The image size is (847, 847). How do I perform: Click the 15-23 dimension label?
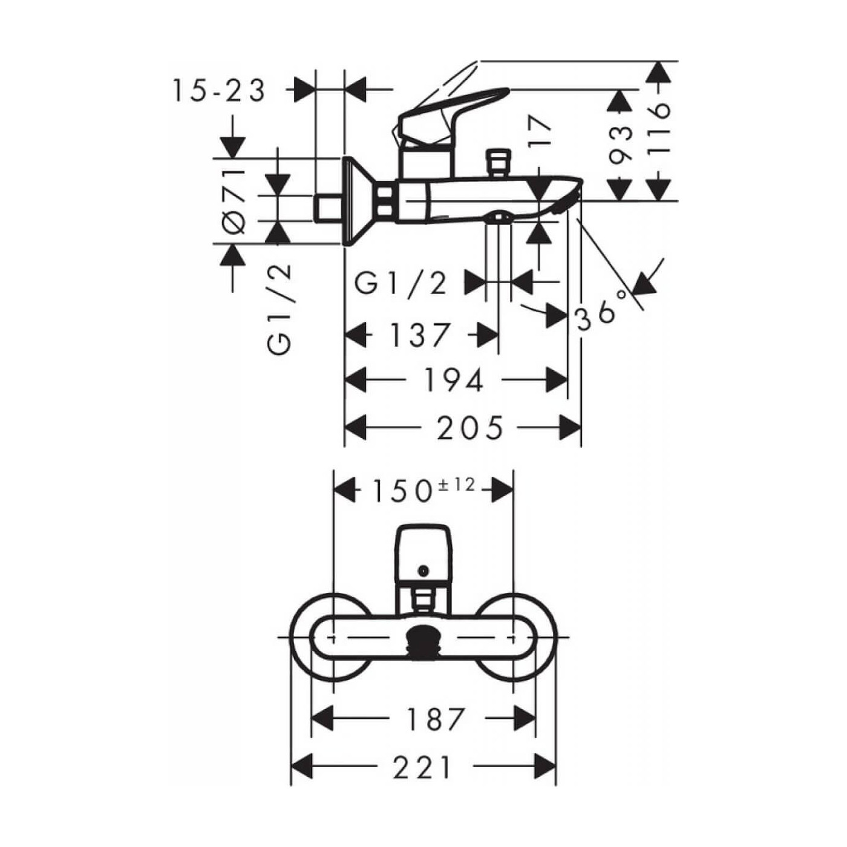[x=219, y=91]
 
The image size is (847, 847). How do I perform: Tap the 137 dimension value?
[x=420, y=335]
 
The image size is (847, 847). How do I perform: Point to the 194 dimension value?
[x=454, y=381]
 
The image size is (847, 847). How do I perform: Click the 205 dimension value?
[x=470, y=428]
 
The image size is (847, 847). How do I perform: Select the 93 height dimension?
[x=620, y=145]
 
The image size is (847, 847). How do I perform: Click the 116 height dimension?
[x=659, y=129]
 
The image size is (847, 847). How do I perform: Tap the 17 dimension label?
[x=540, y=132]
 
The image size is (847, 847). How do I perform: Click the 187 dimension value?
[x=435, y=719]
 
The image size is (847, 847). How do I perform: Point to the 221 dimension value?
[x=423, y=768]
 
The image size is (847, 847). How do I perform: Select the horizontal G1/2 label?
[x=401, y=283]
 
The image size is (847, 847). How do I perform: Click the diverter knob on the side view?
[x=497, y=162]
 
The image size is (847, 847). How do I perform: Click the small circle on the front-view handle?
[x=423, y=570]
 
